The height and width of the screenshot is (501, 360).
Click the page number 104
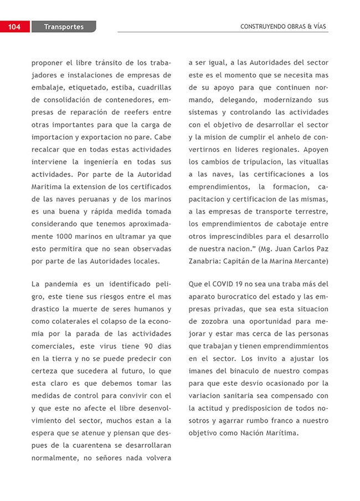tap(14, 27)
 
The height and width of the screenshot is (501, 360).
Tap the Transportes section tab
tap(64, 27)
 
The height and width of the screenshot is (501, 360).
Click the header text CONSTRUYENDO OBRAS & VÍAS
tap(284, 27)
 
